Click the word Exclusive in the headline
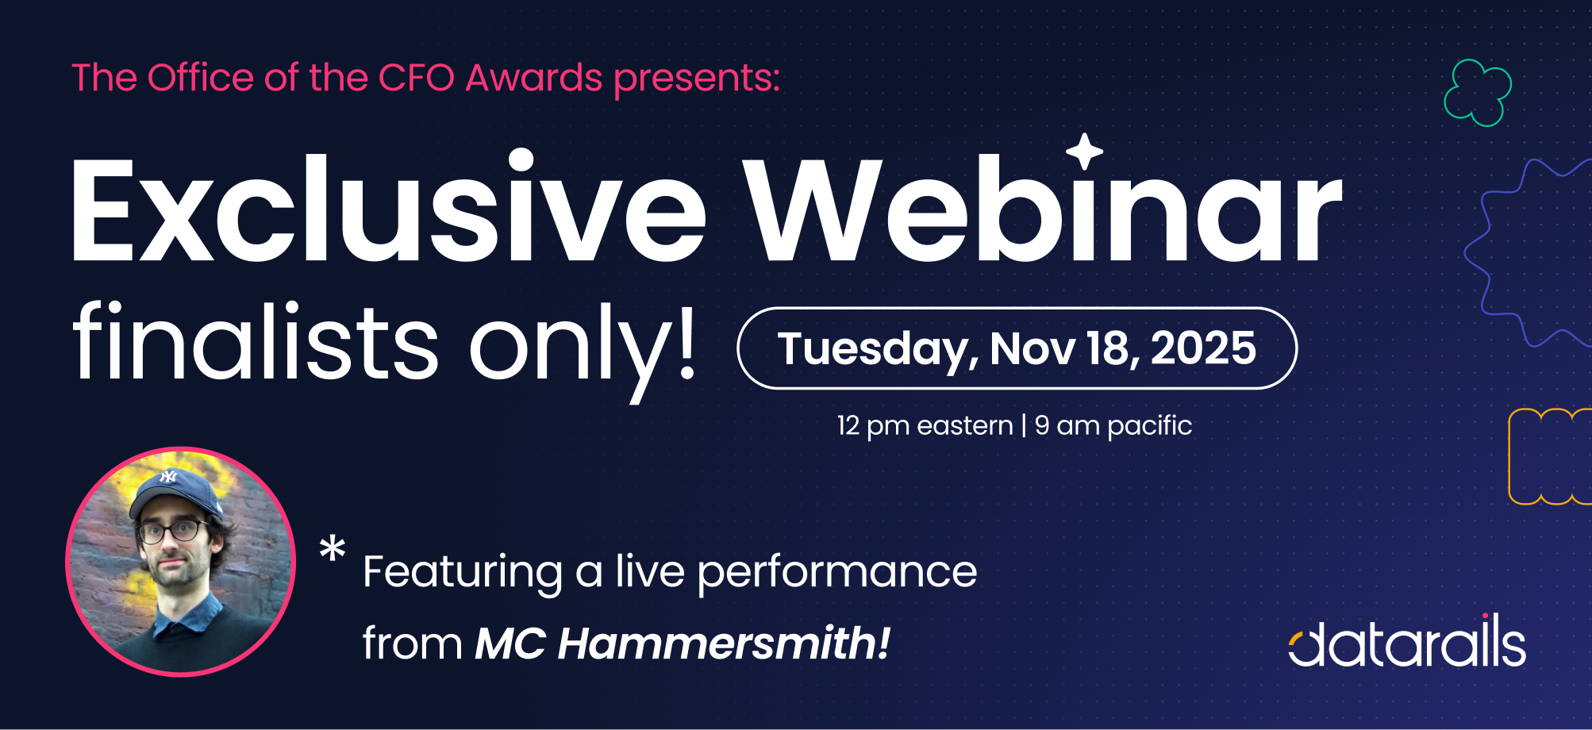click(x=388, y=208)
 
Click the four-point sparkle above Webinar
click(x=1084, y=152)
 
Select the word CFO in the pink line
click(x=416, y=78)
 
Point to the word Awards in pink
click(x=534, y=78)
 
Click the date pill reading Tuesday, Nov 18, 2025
click(x=1017, y=348)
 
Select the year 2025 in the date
click(x=1203, y=348)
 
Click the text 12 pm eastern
click(x=925, y=425)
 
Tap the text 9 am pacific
click(x=1113, y=426)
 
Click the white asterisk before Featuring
click(x=333, y=549)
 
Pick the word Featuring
click(x=463, y=573)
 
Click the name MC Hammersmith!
click(x=683, y=643)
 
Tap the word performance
click(x=837, y=573)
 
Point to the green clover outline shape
click(x=1477, y=94)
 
